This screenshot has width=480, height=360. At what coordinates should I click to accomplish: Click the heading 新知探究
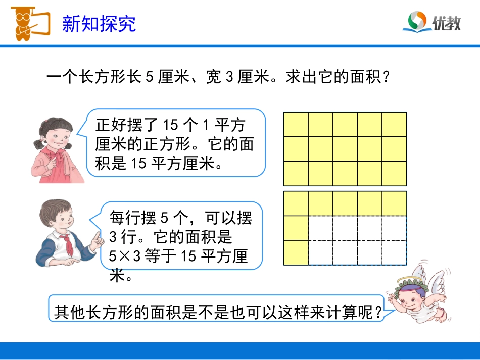tap(99, 24)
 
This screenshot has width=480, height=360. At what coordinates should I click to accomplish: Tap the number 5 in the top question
tap(149, 78)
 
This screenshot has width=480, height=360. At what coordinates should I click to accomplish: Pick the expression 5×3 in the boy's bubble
tap(126, 256)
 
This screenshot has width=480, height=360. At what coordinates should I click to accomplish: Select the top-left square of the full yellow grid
tap(296, 124)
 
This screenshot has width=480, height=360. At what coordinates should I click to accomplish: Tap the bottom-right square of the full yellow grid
tap(394, 173)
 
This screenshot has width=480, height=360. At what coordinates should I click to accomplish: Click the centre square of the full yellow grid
tap(345, 149)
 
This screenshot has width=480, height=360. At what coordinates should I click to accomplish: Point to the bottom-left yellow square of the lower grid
tap(296, 252)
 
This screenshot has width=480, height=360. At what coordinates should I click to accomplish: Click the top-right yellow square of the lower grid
tap(394, 203)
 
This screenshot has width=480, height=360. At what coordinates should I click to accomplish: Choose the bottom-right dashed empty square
tap(394, 252)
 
